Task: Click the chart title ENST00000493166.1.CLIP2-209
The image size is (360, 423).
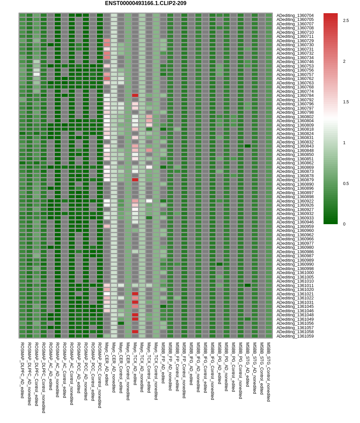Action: (x=146, y=3)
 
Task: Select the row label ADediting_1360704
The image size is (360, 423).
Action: (x=295, y=16)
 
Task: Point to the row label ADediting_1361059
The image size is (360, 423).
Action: (x=295, y=336)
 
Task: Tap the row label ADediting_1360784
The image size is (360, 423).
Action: (x=295, y=96)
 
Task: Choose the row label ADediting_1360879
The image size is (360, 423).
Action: (x=295, y=180)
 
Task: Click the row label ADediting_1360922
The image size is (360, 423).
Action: (x=295, y=201)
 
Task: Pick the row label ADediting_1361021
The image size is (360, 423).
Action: (x=295, y=294)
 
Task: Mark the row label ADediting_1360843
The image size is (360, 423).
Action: (x=295, y=146)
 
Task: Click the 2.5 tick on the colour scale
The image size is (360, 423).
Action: (x=346, y=21)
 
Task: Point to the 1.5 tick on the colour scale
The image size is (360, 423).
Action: (x=346, y=102)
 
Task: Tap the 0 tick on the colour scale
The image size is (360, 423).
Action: (x=344, y=224)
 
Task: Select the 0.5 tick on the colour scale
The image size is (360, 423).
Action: (x=346, y=184)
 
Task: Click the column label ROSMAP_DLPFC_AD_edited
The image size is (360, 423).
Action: (x=22, y=370)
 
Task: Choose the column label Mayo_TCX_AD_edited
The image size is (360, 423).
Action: (x=135, y=364)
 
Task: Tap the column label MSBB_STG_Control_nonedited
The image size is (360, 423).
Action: (x=268, y=372)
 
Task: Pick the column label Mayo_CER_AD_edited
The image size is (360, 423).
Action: (x=107, y=364)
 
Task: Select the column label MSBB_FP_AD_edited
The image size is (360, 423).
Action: (x=163, y=363)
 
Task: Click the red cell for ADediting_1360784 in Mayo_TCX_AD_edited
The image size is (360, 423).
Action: (x=135, y=96)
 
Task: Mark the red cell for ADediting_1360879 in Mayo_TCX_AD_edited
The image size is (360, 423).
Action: (x=135, y=180)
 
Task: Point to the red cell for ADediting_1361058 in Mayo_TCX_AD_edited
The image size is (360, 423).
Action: (x=135, y=332)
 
